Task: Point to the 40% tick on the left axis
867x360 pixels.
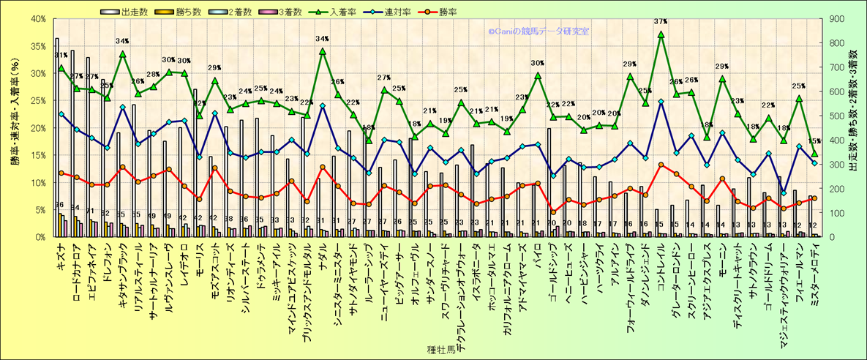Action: (36, 18)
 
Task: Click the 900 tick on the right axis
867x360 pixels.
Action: (833, 18)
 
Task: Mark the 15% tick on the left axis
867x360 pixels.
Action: (36, 155)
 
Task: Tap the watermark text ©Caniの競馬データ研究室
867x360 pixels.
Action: (539, 31)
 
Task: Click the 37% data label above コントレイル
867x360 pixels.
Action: (661, 21)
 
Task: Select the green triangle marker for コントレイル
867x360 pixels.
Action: (661, 34)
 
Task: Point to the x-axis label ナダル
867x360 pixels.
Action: (322, 255)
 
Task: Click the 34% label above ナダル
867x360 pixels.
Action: (322, 39)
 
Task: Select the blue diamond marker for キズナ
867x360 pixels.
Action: (61, 114)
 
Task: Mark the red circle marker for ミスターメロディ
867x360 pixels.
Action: (814, 198)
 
